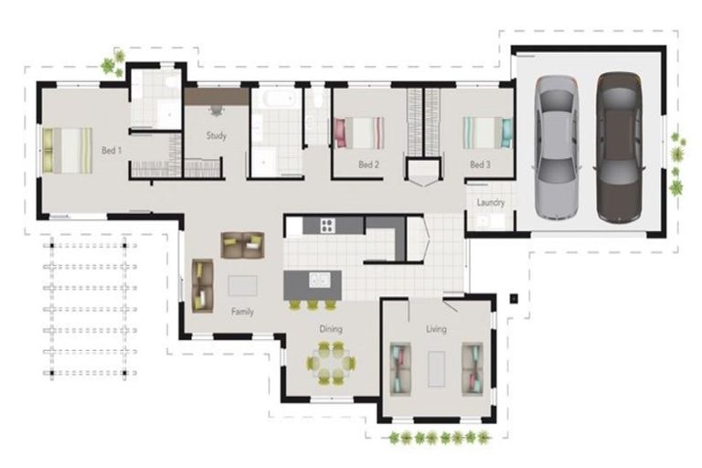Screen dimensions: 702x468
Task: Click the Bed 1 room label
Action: (x=112, y=151)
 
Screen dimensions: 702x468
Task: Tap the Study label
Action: (x=217, y=135)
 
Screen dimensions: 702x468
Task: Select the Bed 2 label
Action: (x=369, y=165)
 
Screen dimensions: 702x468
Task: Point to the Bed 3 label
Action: (x=480, y=165)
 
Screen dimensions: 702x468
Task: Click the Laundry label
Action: (x=491, y=202)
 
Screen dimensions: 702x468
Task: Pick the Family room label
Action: (x=242, y=312)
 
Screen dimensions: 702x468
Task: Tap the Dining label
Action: (x=331, y=329)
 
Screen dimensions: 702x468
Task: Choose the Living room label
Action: (x=436, y=329)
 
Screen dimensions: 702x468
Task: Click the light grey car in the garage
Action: (x=557, y=147)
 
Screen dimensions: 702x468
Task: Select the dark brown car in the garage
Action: (x=620, y=148)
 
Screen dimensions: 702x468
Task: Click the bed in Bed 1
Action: (x=68, y=151)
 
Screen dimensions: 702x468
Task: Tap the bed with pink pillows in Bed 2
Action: (x=359, y=133)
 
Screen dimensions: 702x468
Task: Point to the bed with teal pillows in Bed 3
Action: (x=487, y=133)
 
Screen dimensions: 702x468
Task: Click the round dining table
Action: (x=331, y=363)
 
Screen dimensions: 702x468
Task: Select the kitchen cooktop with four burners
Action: (x=328, y=225)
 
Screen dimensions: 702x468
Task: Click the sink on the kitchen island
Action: (x=320, y=280)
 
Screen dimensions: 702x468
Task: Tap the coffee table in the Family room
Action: (x=242, y=285)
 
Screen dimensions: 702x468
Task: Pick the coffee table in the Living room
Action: (x=436, y=369)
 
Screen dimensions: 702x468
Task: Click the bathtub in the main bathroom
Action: (x=280, y=98)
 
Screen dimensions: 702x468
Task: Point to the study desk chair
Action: (x=217, y=111)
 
